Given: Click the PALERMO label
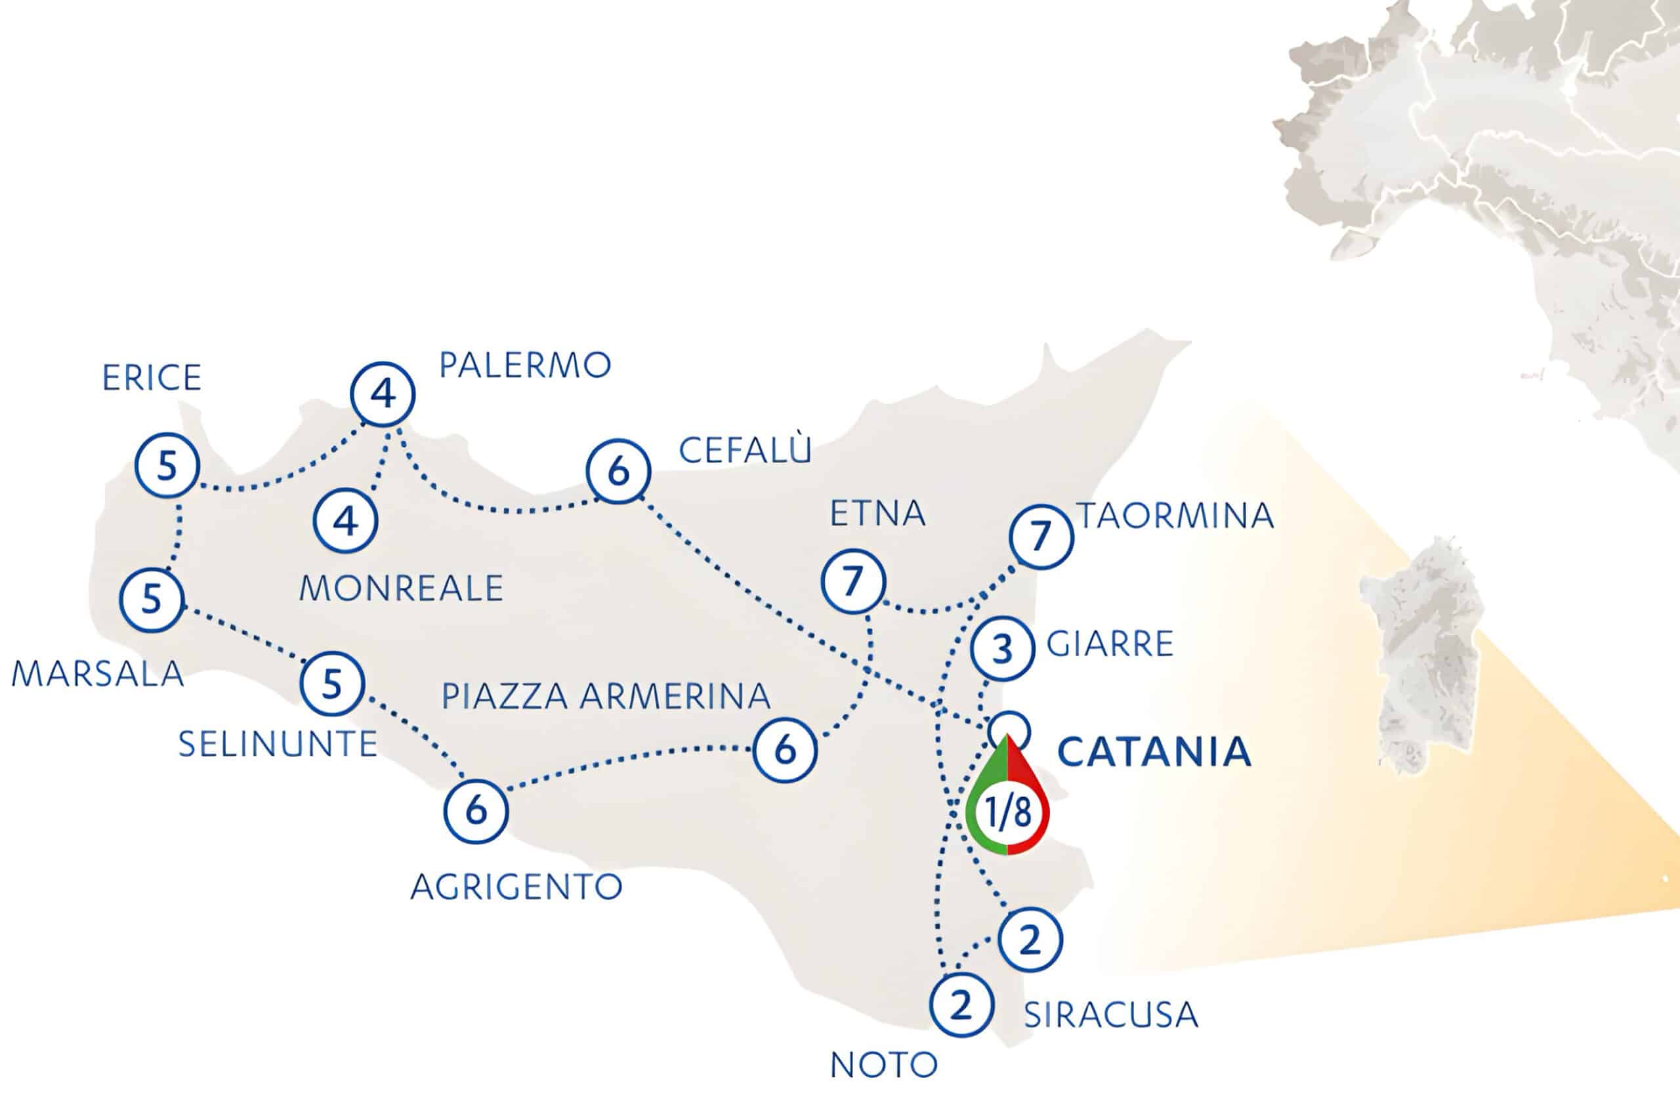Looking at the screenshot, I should point(525,365).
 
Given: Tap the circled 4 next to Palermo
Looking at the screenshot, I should point(383,394).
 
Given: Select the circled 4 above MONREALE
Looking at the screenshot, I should point(346,521).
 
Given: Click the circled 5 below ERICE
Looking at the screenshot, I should point(167,466).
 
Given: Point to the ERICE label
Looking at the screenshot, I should point(152,378).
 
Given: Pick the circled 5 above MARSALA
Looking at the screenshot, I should point(152,599).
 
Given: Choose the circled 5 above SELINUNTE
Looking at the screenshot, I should point(332,684).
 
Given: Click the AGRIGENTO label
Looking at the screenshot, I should point(516,887).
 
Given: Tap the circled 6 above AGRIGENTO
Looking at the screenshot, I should point(476,811).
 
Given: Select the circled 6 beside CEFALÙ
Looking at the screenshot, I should point(619,470).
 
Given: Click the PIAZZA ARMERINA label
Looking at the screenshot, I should point(606,696).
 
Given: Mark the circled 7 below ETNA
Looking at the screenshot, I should point(854,581).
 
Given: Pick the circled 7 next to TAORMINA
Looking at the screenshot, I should point(1041,537).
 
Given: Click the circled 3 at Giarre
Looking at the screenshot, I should point(1003,648).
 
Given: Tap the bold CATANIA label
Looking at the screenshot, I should point(1154,752).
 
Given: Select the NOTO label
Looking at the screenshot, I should point(883,1066).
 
